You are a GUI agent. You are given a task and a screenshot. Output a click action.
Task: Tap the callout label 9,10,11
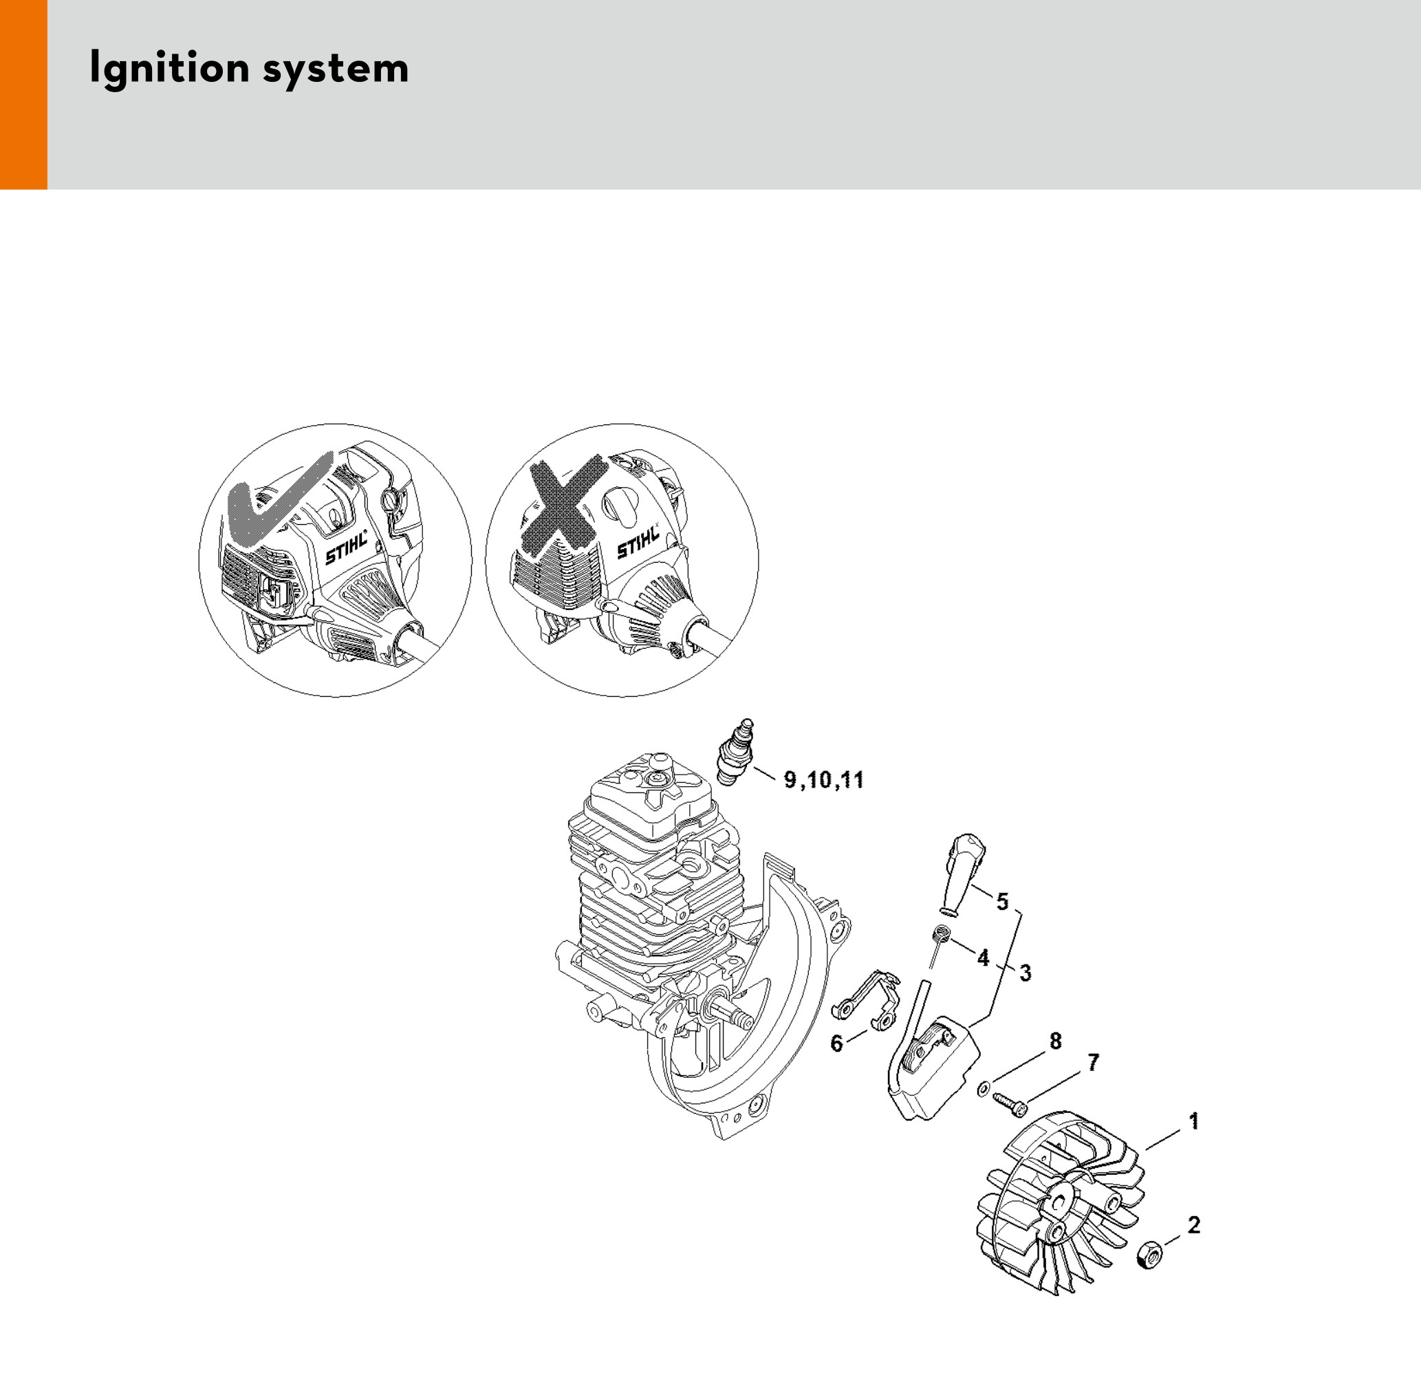[823, 781]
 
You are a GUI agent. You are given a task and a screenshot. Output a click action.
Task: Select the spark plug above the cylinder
[734, 753]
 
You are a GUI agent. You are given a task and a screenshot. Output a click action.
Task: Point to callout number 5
[1002, 902]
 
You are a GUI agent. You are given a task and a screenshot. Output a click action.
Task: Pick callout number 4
[983, 958]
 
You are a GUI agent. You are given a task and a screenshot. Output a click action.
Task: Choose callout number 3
[1025, 973]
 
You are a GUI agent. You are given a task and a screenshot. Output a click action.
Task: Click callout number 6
[836, 1044]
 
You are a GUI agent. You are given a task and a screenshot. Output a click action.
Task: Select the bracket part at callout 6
[865, 1001]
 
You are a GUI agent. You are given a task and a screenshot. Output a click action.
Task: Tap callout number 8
[1055, 1041]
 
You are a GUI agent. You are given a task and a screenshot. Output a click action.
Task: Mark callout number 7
[1093, 1063]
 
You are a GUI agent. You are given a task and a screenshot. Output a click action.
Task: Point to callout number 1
[1193, 1121]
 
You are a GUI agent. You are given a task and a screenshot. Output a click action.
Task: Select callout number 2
[1193, 1225]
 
